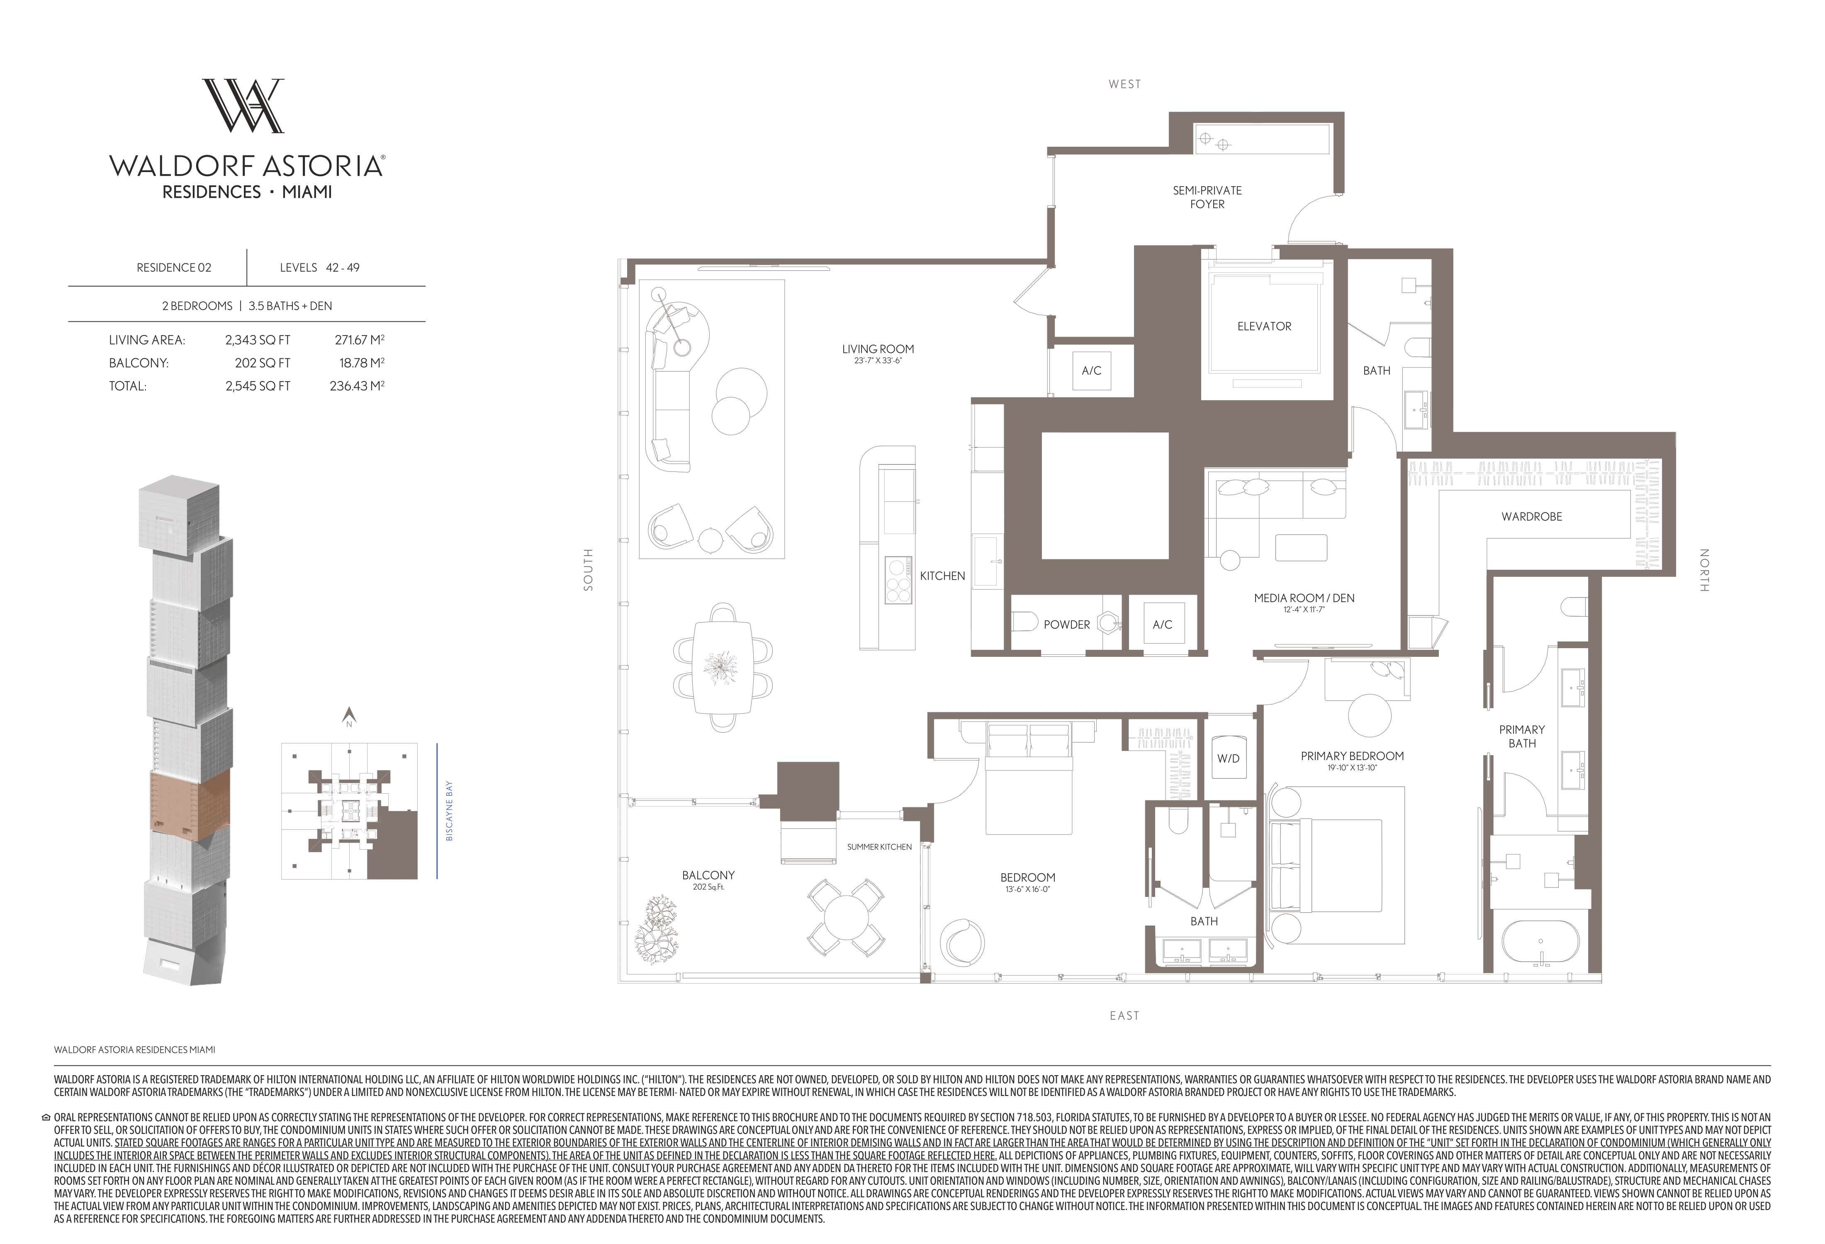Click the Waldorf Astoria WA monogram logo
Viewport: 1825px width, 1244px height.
tap(243, 105)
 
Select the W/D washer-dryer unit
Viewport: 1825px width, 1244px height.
tap(1228, 757)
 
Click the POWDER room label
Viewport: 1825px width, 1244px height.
tap(1066, 625)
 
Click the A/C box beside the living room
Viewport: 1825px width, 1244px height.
tap(1092, 371)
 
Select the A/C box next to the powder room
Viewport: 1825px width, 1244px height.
tap(1162, 625)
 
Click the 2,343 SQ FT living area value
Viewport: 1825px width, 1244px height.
tap(258, 340)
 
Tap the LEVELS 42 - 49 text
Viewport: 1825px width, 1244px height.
tap(320, 267)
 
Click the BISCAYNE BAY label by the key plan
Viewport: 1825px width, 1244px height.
tap(449, 811)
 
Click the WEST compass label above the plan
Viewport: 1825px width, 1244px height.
tap(1124, 84)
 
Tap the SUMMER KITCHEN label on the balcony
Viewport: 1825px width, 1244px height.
tap(879, 847)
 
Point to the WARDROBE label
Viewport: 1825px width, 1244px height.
tap(1531, 516)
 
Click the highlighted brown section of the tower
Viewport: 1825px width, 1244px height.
tap(189, 801)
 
